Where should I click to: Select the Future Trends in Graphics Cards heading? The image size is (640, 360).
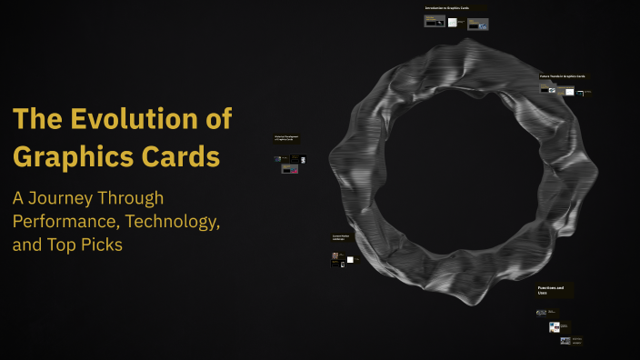pos(563,76)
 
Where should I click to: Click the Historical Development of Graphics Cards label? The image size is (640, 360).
pos(286,138)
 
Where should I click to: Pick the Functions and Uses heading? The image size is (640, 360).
pos(551,290)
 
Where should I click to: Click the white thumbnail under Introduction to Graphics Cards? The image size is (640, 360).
pos(453,23)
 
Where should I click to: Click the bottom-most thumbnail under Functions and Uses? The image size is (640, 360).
pos(566,341)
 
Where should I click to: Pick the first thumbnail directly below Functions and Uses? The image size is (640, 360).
pos(541,312)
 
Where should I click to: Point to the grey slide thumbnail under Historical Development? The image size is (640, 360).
pos(290,168)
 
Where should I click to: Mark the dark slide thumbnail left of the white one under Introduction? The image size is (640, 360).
pos(435,23)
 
